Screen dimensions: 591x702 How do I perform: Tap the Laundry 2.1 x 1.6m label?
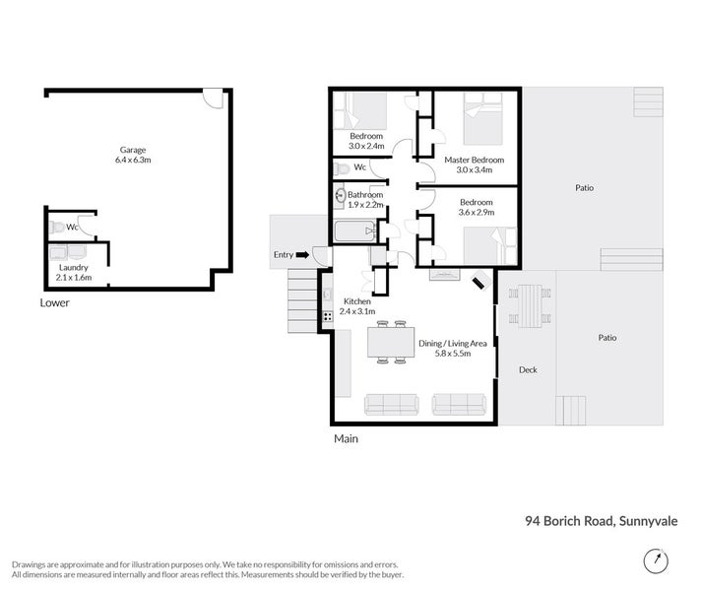coord(75,272)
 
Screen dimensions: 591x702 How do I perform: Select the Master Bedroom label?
coord(474,164)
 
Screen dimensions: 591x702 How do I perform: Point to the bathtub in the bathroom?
coord(354,233)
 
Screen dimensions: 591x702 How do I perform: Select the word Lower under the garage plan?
coord(55,303)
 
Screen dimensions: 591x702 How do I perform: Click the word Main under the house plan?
coord(346,438)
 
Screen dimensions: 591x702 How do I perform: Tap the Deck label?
coord(528,370)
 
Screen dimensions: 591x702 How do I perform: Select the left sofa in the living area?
coord(391,404)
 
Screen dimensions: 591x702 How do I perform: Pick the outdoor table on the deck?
coord(530,304)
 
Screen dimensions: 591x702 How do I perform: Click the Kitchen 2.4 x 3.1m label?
coord(358,306)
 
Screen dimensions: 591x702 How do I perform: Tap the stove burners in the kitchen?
coord(327,316)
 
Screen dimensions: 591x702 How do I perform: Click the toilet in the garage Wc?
coord(58,228)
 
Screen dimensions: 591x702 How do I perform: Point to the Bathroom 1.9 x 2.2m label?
coord(364,200)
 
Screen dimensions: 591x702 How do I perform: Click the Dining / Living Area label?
coord(453,349)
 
